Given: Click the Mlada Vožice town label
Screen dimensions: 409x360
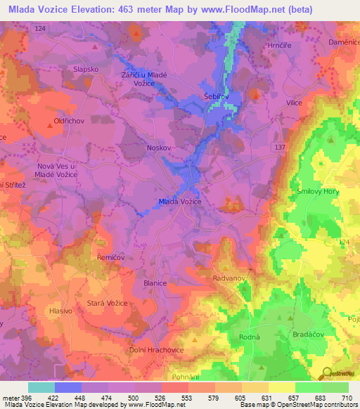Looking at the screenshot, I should pyautogui.click(x=180, y=202).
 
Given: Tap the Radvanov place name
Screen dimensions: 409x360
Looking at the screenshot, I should pyautogui.click(x=229, y=278).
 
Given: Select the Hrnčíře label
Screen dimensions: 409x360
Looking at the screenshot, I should pyautogui.click(x=279, y=44).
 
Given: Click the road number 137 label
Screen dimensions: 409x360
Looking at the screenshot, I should pyautogui.click(x=281, y=147).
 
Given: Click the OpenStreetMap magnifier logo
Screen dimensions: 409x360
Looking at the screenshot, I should pyautogui.click(x=326, y=372).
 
